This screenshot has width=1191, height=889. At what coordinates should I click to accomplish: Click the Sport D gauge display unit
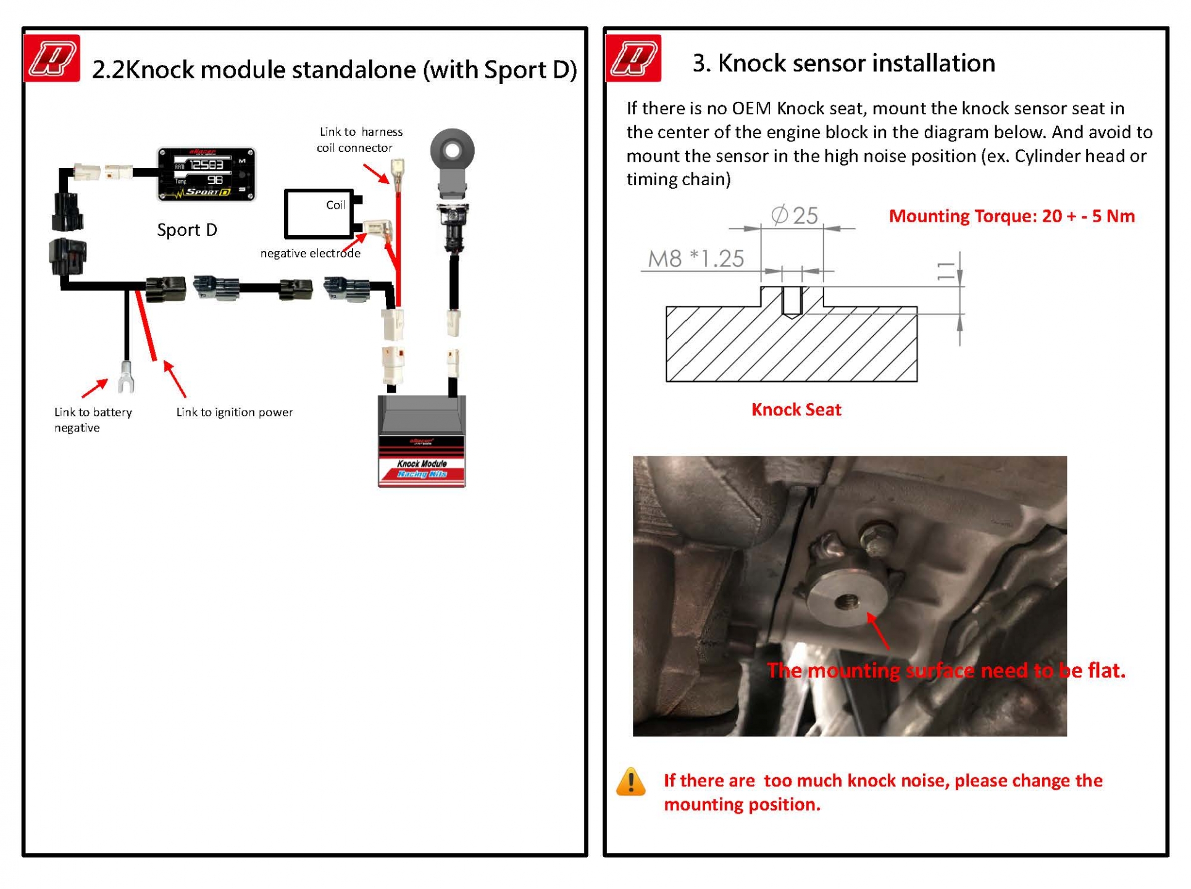point(206,174)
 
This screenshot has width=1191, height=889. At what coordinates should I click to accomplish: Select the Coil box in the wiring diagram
point(319,214)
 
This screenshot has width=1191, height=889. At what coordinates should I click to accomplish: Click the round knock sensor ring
point(453,150)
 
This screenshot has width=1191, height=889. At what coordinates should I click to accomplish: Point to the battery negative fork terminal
point(126,378)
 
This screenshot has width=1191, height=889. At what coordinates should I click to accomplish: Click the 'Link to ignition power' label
point(235,412)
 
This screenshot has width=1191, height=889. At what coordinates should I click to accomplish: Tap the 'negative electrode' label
point(310,253)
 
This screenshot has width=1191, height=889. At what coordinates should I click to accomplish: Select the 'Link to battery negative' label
point(93,420)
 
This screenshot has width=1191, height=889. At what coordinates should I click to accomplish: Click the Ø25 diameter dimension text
point(795,215)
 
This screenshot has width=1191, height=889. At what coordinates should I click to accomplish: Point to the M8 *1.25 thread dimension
point(696,259)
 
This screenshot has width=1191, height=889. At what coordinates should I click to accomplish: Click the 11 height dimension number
point(945,271)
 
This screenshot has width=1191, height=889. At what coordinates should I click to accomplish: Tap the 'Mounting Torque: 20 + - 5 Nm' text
point(1011,216)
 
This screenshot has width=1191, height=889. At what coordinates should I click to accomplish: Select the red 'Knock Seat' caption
point(796,410)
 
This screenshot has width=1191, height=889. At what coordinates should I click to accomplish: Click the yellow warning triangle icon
point(630,783)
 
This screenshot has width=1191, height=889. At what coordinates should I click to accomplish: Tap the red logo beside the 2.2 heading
point(52,59)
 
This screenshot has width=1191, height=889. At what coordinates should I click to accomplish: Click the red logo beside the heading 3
point(633,59)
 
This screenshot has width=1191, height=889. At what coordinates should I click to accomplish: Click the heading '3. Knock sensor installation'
point(843,64)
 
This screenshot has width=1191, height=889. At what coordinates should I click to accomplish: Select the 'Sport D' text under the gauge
point(187,230)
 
